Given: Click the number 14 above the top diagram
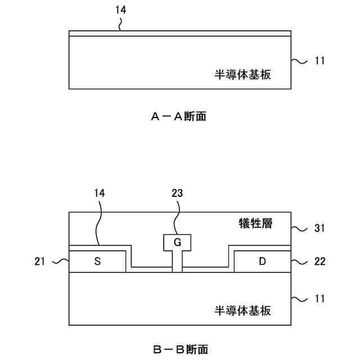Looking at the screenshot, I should click(120, 10).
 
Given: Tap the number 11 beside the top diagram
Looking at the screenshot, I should click(320, 60).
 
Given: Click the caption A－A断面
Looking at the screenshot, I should click(178, 116).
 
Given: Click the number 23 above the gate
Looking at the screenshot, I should click(177, 192).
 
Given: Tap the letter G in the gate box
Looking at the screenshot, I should click(177, 243).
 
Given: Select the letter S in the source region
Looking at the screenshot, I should click(97, 262).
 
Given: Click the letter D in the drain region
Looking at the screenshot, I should click(262, 262).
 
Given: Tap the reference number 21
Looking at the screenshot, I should click(39, 262).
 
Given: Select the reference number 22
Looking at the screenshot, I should click(320, 262).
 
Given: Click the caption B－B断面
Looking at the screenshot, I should click(179, 349).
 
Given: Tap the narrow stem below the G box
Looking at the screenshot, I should click(177, 262).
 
